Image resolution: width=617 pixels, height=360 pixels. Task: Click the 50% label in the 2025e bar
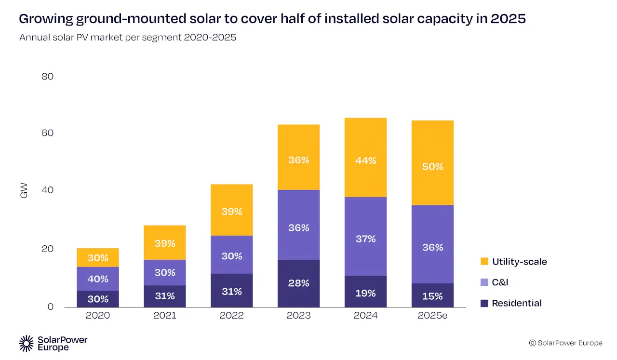coord(432,167)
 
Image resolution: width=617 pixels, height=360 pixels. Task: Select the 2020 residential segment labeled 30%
coord(98,299)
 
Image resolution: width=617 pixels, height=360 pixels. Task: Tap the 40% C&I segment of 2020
coord(98,279)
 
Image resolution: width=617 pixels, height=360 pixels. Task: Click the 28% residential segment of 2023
coord(298,283)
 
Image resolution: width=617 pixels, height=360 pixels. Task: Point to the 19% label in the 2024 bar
coord(365,293)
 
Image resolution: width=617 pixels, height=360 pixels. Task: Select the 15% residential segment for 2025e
coord(432,296)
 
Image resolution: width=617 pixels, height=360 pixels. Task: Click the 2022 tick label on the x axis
coord(231,316)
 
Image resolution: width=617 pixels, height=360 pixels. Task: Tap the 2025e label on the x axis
coord(432,316)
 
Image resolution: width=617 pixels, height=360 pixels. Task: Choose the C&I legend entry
coord(500,282)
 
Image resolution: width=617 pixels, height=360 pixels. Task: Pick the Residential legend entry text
coord(517,303)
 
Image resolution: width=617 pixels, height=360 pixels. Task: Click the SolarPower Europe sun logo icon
coord(26,343)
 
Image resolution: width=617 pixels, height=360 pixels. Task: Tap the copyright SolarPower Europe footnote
coord(565,343)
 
